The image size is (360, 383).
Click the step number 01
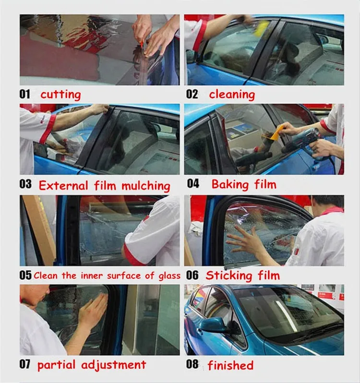[24, 94]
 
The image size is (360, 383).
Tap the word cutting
[60, 95]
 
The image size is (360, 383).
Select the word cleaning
[232, 95]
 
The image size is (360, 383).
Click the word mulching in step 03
[146, 186]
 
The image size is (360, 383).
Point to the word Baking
[230, 184]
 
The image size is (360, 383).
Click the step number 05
[25, 275]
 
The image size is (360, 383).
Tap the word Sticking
[228, 276]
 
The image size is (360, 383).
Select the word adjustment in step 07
[114, 365]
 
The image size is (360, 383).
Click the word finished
[230, 365]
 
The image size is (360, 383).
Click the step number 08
[192, 364]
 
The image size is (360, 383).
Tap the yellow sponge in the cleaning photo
[262, 28]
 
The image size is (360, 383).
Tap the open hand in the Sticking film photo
[245, 242]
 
